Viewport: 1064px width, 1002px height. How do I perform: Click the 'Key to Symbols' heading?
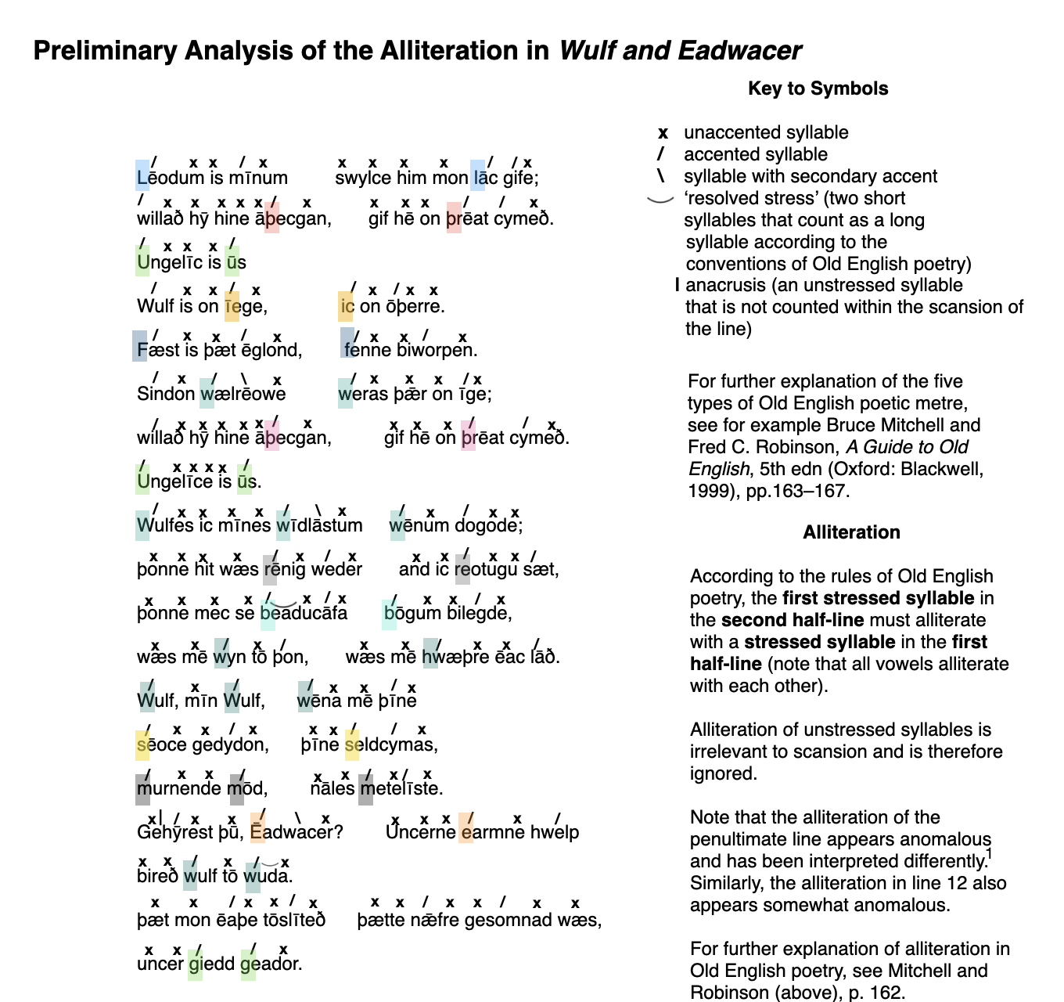pos(818,88)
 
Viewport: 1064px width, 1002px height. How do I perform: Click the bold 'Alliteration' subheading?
pos(851,532)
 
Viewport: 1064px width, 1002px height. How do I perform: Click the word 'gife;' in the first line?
pos(521,178)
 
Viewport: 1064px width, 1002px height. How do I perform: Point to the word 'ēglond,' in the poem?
pos(271,350)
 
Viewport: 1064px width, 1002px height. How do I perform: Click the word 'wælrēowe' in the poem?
pos(243,394)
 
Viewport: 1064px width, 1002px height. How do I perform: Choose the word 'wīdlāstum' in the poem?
pos(319,525)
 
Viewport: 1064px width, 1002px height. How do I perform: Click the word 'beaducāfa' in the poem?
pos(304,613)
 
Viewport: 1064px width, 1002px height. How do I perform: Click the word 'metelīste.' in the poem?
pos(401,788)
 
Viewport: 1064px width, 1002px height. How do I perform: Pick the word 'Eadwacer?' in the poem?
pos(297,832)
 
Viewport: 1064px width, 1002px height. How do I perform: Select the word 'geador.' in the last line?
pos(271,964)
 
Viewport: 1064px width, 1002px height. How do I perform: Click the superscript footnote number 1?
pos(990,854)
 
